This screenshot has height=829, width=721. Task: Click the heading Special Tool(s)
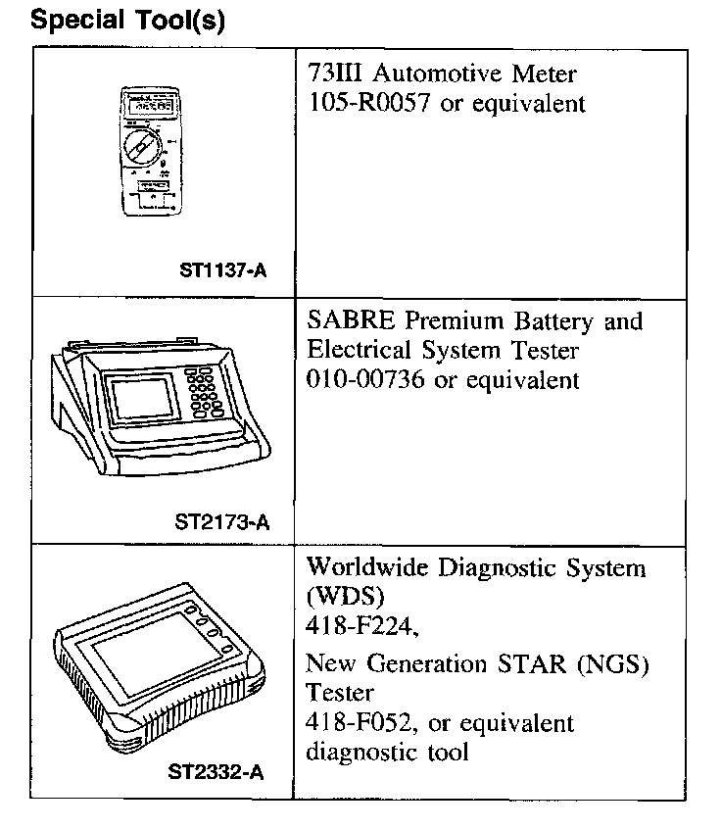pos(128,22)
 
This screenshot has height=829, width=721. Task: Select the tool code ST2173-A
pos(222,521)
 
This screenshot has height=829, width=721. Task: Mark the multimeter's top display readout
pos(148,102)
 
